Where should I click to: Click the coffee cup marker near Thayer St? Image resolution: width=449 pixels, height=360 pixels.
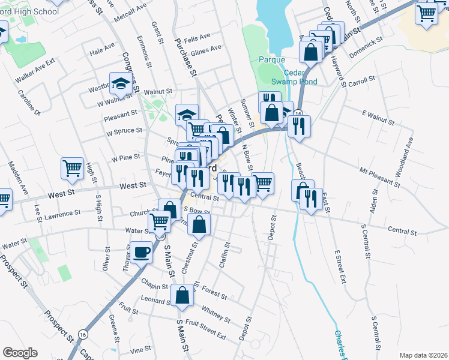[x=142, y=252]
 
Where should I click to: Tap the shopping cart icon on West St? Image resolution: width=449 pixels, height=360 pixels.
[x=72, y=168]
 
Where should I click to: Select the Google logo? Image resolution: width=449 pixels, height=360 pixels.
[x=20, y=353]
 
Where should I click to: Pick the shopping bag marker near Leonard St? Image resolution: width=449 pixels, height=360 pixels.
[x=182, y=295]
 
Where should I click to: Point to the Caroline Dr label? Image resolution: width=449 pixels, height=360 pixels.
[x=28, y=103]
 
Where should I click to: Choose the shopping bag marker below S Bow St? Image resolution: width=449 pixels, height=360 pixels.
[x=199, y=225]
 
